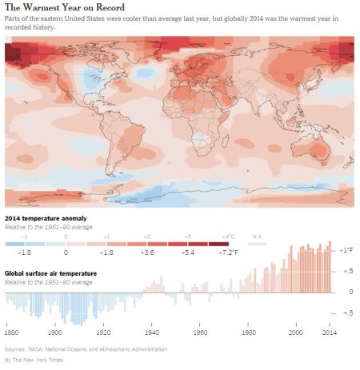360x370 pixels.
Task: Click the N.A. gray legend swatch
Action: [258, 244]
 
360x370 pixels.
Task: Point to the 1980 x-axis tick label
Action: [249, 332]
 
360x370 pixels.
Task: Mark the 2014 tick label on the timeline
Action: [328, 332]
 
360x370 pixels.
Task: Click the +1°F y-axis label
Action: [346, 251]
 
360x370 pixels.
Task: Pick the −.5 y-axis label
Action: [346, 312]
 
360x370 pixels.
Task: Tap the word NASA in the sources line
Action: [38, 350]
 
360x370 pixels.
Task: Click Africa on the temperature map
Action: [192, 128]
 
